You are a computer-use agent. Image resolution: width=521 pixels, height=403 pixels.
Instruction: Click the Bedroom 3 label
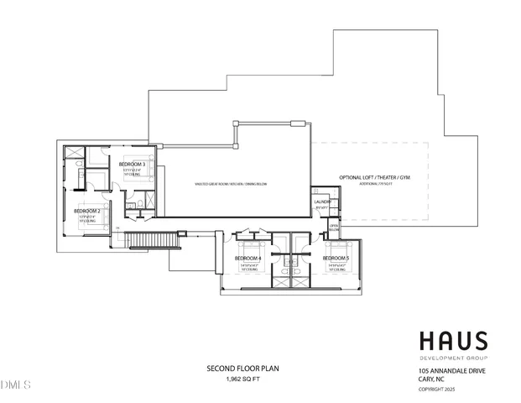(133, 164)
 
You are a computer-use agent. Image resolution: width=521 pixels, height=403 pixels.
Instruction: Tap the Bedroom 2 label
(89, 211)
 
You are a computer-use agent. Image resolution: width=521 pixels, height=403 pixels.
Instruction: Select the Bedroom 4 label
(248, 258)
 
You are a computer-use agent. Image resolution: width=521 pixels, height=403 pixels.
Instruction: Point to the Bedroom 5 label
(336, 258)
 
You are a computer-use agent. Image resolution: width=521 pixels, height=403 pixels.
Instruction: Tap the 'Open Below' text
(334, 228)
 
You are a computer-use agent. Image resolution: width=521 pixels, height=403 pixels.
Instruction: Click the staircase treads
(151, 242)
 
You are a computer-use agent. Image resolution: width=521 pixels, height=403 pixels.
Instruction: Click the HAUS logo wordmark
(453, 341)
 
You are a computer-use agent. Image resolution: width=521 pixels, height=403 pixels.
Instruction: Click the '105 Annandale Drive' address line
(451, 371)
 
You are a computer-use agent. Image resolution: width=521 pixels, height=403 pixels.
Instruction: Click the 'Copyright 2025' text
(437, 389)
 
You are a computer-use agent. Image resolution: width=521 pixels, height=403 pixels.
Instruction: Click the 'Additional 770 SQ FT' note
(375, 184)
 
